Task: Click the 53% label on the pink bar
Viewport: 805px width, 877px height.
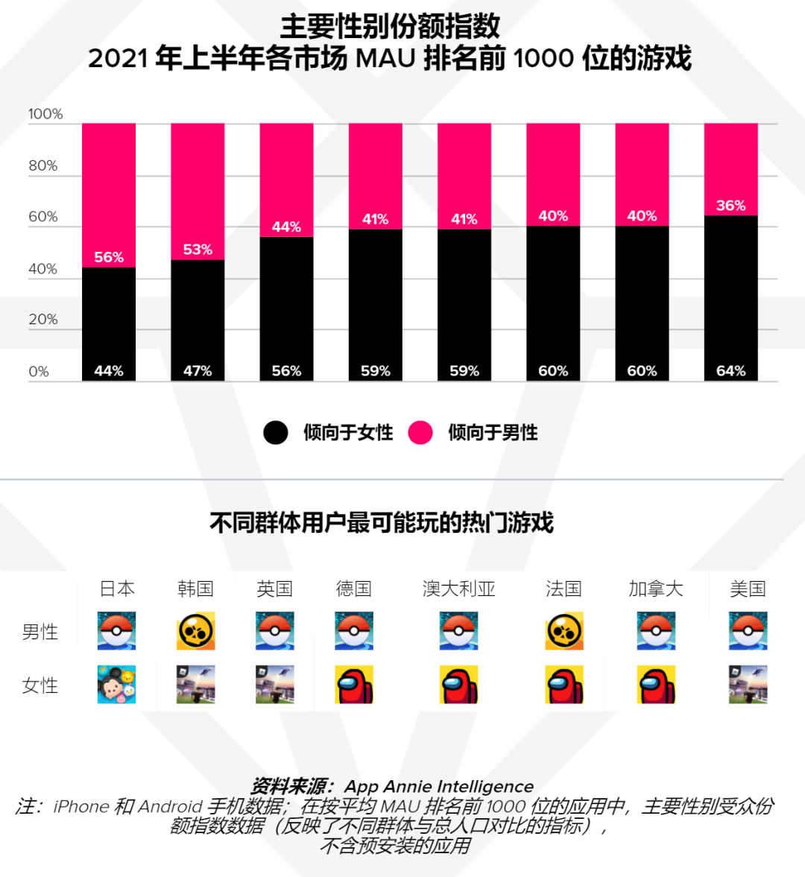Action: point(198,250)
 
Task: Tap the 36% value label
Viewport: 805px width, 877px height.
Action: point(730,206)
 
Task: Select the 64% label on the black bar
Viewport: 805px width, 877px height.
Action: point(730,371)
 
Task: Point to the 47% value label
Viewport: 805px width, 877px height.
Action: point(198,371)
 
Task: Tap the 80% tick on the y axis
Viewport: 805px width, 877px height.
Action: point(43,165)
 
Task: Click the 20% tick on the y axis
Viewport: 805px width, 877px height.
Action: point(43,320)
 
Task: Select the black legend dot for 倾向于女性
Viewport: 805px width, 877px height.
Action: point(276,432)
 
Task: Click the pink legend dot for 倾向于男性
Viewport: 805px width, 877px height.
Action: point(420,432)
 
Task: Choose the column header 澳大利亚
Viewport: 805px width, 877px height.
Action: point(458,589)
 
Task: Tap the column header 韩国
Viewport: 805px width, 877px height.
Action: point(196,589)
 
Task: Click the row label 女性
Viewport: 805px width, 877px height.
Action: point(40,686)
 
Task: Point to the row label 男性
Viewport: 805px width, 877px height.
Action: point(40,632)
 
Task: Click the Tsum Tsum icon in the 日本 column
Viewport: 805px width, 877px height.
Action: point(117,685)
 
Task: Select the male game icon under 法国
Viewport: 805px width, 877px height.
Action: point(564,631)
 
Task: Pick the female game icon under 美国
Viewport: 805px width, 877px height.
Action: point(748,685)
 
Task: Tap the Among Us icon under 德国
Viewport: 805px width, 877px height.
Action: point(354,685)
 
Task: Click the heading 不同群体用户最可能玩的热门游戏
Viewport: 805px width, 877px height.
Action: point(382,523)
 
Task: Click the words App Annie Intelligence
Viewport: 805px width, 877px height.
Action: point(438,787)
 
